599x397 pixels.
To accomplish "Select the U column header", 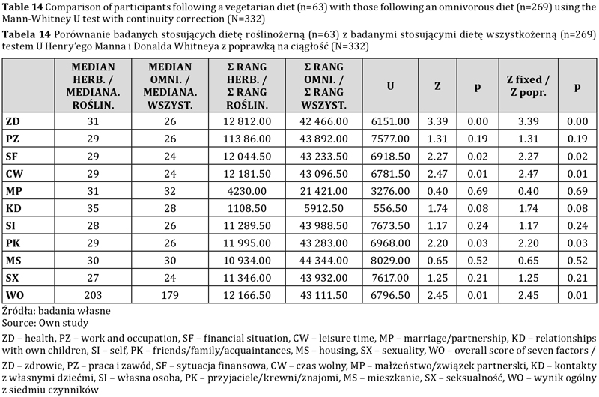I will coord(390,86).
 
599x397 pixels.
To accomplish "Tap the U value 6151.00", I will coord(390,121).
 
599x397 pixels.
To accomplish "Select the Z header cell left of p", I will coord(437,86).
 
